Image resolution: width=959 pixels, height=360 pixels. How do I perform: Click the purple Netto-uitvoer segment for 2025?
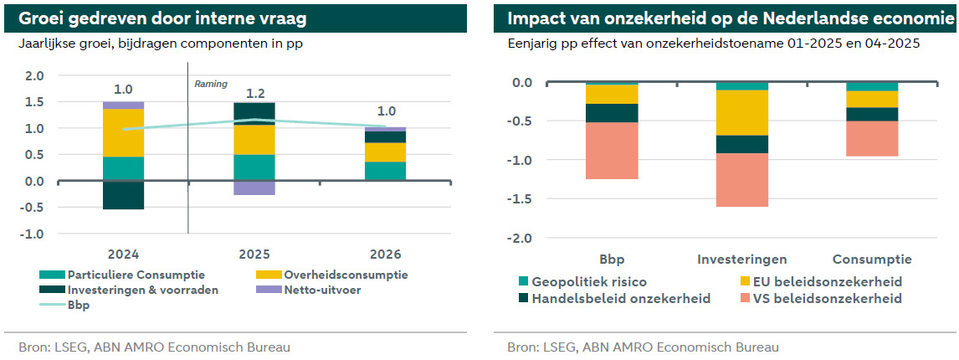tap(254, 188)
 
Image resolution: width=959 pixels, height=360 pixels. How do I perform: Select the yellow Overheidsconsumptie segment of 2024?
tap(123, 132)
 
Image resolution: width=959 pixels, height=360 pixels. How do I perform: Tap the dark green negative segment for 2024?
tap(123, 195)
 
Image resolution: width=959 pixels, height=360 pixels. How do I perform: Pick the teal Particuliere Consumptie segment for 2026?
tap(386, 171)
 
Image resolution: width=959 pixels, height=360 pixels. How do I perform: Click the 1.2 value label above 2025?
tap(254, 94)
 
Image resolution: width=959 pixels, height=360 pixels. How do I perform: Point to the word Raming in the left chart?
tap(211, 85)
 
